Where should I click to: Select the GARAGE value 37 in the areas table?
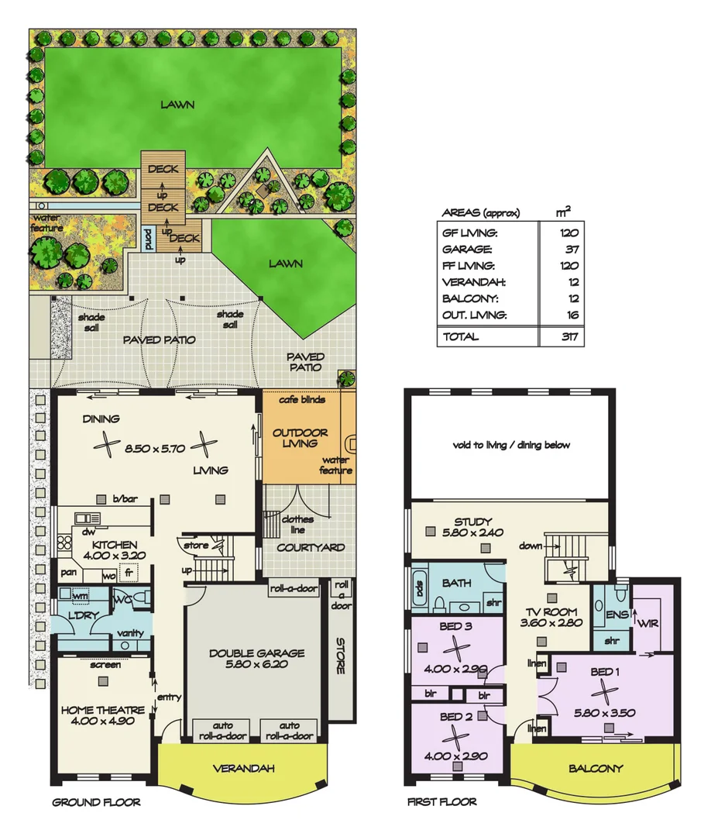571,250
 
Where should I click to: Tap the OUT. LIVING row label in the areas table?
475,315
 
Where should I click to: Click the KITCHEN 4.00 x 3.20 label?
108,551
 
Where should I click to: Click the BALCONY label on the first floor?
596,769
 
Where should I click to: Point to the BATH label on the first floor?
457,583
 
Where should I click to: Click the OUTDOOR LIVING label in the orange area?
301,438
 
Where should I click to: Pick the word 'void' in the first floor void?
462,445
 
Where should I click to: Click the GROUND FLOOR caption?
96,803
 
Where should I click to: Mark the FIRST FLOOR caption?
442,803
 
